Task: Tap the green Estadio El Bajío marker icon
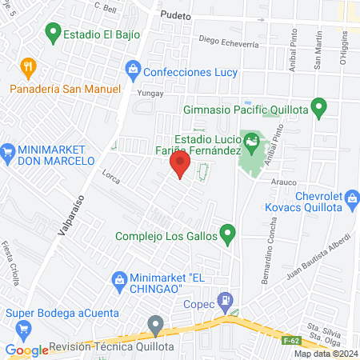tap(53, 33)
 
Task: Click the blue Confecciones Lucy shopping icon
tap(133, 71)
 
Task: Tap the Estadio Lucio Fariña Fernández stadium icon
tap(253, 142)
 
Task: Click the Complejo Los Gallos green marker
tap(228, 235)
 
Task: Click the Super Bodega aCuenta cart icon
tap(23, 328)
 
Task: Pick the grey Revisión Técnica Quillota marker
tap(155, 325)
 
